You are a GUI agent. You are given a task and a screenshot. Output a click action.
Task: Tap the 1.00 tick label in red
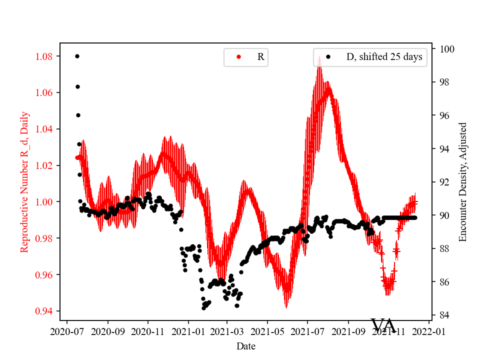pyautogui.click(x=45, y=202)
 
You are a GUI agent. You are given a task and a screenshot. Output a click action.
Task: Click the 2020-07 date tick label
pyautogui.click(x=68, y=331)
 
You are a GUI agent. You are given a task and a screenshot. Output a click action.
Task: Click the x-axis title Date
pyautogui.click(x=246, y=346)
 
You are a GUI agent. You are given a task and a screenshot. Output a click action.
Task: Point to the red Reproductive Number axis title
pyautogui.click(x=24, y=181)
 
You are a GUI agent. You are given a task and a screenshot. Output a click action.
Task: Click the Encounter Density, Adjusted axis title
pyautogui.click(x=462, y=181)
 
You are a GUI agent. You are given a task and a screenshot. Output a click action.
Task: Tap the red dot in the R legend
pyautogui.click(x=238, y=57)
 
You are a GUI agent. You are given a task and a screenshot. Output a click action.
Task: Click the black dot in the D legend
pyautogui.click(x=328, y=57)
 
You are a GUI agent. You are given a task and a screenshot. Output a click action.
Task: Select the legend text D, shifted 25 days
pyautogui.click(x=384, y=57)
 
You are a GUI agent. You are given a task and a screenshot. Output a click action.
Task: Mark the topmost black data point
pyautogui.click(x=77, y=56)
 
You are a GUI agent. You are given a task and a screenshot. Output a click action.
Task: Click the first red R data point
pyautogui.click(x=77, y=157)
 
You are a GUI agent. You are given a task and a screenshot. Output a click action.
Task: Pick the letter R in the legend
pyautogui.click(x=260, y=57)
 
